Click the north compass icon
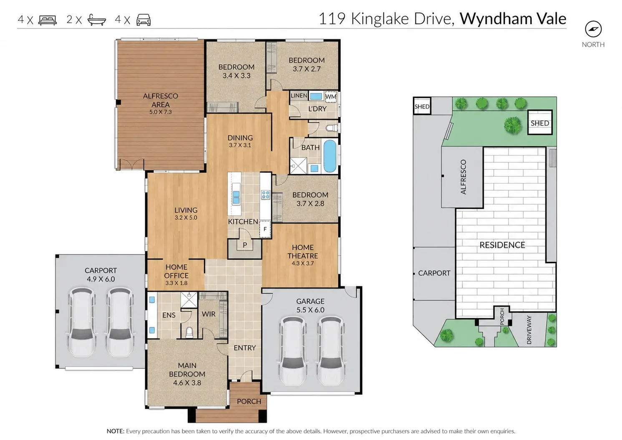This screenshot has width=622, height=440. tap(593, 29)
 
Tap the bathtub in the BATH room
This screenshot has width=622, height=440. tap(330, 156)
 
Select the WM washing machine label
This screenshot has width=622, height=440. tap(330, 97)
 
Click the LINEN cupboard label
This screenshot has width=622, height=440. tap(299, 96)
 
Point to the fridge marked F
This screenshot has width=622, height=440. tap(265, 229)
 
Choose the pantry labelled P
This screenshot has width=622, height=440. tap(244, 245)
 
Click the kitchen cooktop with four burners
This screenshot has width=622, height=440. tap(265, 195)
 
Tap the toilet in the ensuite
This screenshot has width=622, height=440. tap(189, 332)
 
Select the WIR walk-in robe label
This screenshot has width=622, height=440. tap(209, 314)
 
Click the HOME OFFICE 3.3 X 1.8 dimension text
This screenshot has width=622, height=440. tap(176, 283)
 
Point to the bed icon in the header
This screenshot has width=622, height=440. tap(48, 20)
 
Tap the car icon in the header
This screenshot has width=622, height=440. tap(144, 20)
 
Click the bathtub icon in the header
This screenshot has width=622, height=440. tap(97, 20)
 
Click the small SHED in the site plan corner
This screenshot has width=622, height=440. tap(422, 106)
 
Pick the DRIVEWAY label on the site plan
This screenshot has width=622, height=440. tap(529, 330)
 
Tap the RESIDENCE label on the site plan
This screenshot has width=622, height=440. tap(502, 245)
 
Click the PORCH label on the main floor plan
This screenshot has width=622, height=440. tap(249, 401)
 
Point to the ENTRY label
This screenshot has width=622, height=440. tap(244, 348)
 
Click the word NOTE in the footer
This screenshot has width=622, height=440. tap(116, 431)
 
